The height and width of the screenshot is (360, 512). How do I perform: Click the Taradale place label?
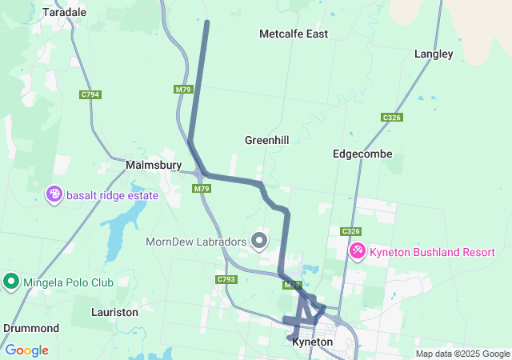(x=64, y=12)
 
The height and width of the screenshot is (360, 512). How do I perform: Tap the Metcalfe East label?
(x=294, y=34)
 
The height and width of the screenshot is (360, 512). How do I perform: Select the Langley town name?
(x=434, y=54)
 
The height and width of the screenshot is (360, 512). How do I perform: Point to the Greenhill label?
(x=266, y=139)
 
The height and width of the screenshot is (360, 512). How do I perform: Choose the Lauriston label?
(x=115, y=311)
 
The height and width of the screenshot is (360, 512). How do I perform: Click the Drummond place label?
(x=31, y=328)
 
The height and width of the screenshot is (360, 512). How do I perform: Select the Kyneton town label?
(x=312, y=342)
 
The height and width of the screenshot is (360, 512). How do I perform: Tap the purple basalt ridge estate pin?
(x=54, y=194)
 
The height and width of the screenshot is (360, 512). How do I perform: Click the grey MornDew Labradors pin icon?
(x=258, y=240)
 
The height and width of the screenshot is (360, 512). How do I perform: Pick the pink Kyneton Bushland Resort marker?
(x=357, y=251)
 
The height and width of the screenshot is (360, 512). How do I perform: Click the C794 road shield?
(x=90, y=94)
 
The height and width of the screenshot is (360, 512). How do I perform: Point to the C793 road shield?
(x=226, y=279)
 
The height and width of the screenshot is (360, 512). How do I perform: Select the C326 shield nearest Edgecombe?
(x=392, y=118)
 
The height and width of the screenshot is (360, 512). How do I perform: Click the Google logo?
(x=26, y=350)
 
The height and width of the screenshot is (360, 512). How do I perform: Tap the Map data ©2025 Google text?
(x=462, y=354)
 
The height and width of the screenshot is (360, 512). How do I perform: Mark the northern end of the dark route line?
(x=207, y=22)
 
